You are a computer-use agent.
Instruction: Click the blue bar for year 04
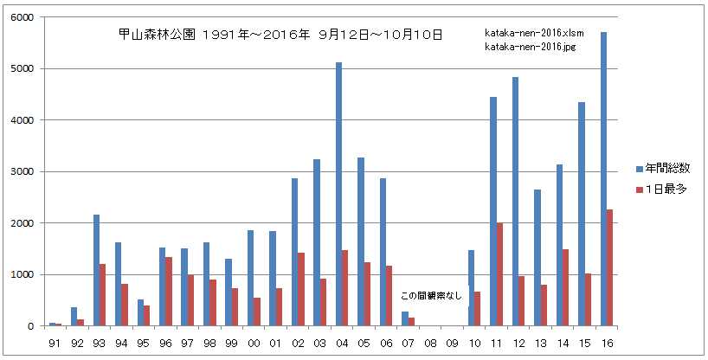coord(338,195)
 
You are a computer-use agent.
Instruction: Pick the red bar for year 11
coord(499,274)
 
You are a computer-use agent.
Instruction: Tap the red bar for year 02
coord(301,289)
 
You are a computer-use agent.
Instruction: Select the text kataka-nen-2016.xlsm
coord(537,34)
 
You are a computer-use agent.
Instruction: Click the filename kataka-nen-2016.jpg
coord(533,46)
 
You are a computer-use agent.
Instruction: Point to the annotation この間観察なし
coord(431,296)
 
